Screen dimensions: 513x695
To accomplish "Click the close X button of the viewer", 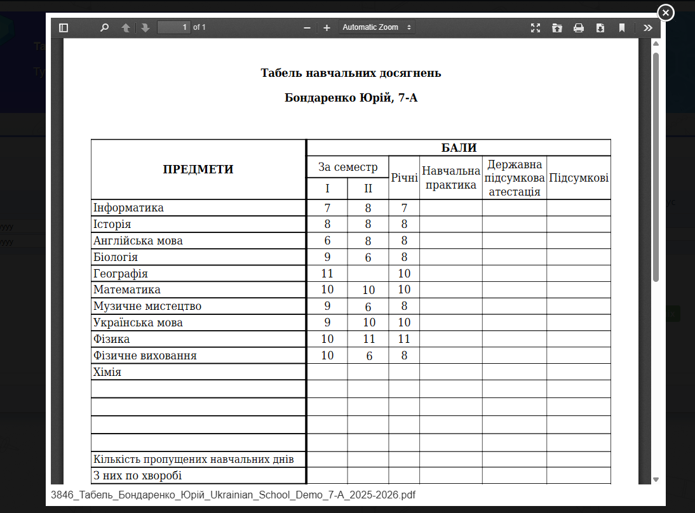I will click(665, 12).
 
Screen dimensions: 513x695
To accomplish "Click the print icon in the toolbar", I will click(578, 28).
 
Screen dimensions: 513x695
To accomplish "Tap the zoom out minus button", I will click(307, 28).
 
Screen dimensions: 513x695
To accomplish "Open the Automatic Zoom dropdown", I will click(377, 27).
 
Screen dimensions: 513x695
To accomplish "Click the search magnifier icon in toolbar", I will click(105, 28).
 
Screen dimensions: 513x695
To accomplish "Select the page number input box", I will click(173, 27).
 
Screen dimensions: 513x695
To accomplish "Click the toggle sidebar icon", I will click(64, 28).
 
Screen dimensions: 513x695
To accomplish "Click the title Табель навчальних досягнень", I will click(351, 73).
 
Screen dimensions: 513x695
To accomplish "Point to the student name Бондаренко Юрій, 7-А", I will click(351, 98).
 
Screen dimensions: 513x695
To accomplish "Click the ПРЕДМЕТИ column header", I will click(198, 170).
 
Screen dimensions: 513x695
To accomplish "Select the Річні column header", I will click(404, 178).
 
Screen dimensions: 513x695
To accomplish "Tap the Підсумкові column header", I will click(578, 178).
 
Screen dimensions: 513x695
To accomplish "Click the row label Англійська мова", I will click(138, 241).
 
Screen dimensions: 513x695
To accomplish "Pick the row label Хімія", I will click(107, 372).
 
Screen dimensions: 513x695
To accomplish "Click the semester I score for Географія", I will click(327, 274).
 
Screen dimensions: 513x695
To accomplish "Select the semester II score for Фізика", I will click(368, 339).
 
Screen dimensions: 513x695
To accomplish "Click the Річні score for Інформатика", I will click(404, 208).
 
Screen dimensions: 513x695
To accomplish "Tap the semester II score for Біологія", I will click(368, 257).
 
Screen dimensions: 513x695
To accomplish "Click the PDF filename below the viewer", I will click(233, 495).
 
